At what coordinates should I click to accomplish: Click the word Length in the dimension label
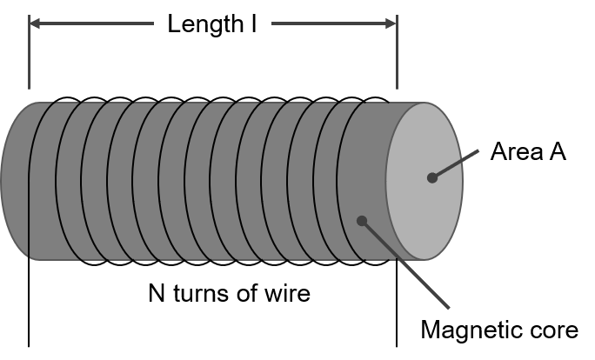click(205, 24)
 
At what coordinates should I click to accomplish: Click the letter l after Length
click(253, 23)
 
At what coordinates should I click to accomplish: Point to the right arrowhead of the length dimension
click(391, 23)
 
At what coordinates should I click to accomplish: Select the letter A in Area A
click(557, 151)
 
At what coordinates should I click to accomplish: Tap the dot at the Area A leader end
click(431, 177)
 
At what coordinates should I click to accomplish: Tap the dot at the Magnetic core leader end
click(362, 221)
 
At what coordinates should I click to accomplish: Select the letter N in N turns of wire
click(157, 293)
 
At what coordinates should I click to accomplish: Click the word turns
click(202, 294)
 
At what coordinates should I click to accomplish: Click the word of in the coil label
click(247, 292)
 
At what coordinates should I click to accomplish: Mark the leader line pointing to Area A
click(455, 163)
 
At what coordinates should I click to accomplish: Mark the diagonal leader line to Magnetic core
click(405, 264)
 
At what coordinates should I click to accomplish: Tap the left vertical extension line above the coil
click(29, 52)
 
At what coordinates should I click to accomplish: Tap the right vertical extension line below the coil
click(397, 303)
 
